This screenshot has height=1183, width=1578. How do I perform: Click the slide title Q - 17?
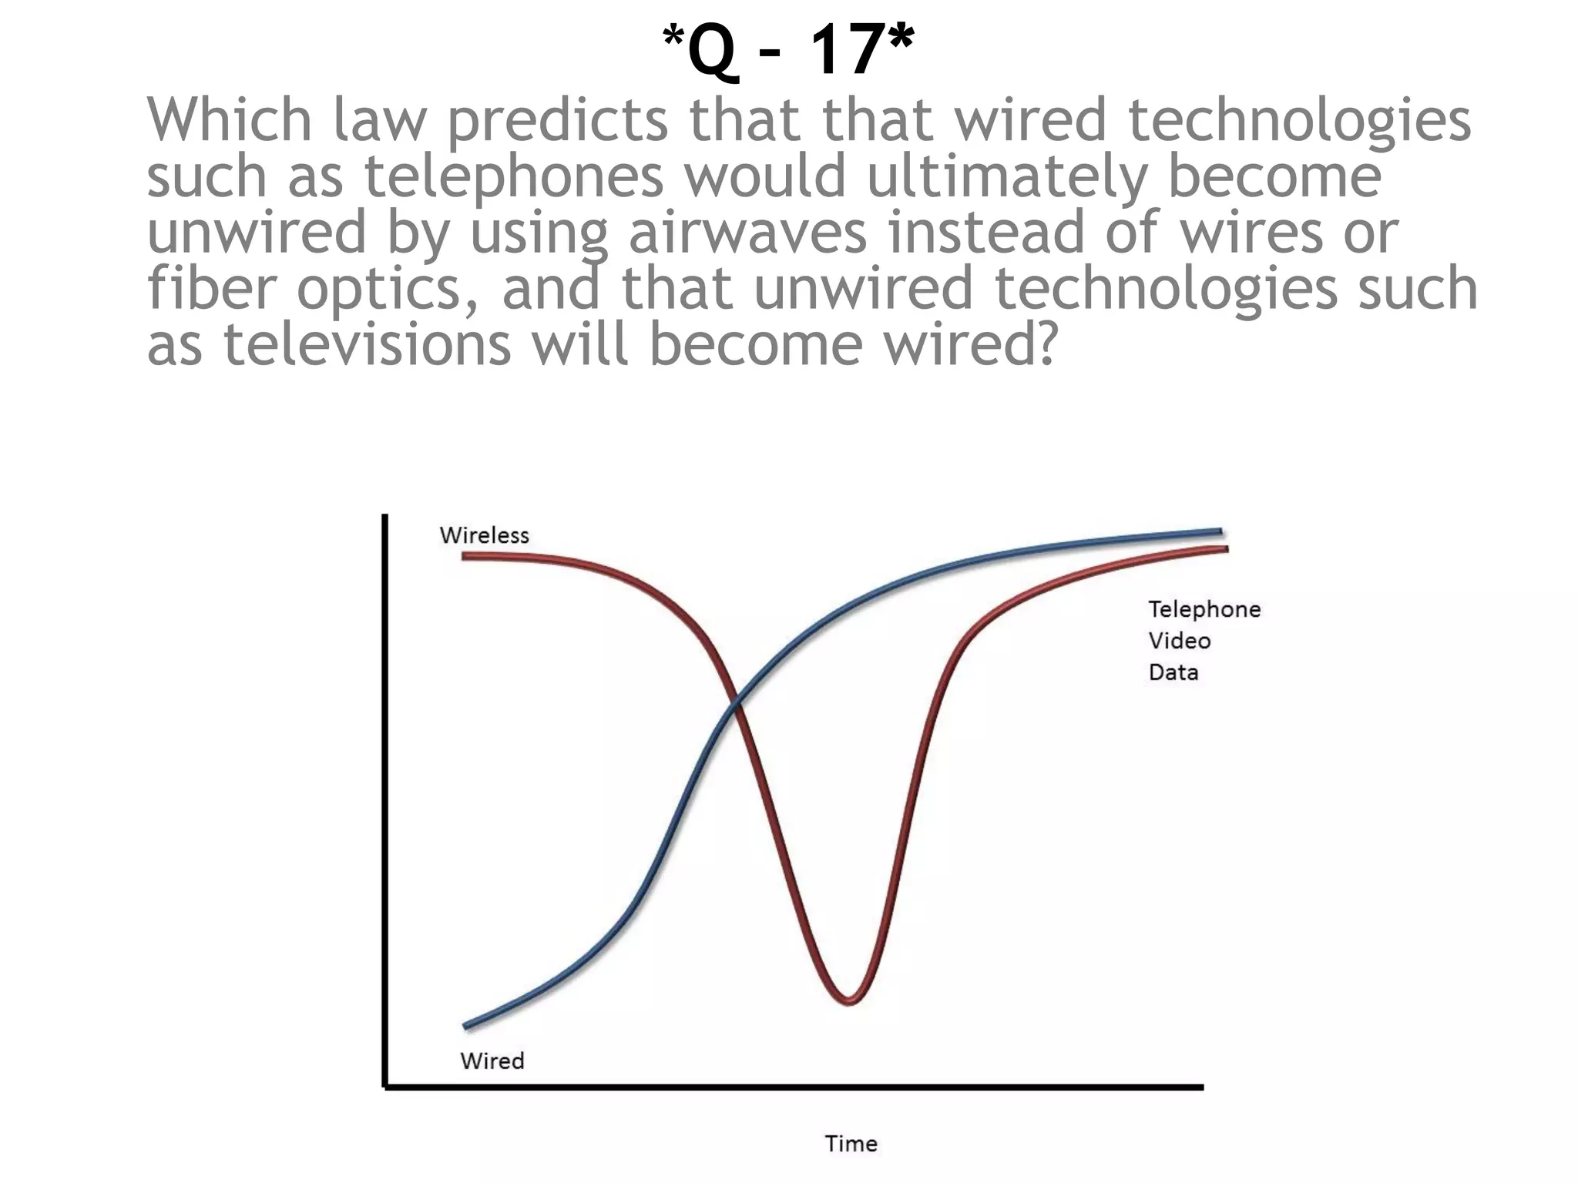point(788,50)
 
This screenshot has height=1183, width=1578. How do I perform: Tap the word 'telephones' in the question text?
point(514,176)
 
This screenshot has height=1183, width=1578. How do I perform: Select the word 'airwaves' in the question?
point(747,232)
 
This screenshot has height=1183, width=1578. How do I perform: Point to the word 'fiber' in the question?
point(212,287)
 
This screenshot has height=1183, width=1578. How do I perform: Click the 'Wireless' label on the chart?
point(484,535)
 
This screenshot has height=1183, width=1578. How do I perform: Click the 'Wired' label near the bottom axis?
point(492,1061)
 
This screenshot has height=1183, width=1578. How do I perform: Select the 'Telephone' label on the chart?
point(1204,609)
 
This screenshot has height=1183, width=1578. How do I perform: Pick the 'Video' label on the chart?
point(1179,641)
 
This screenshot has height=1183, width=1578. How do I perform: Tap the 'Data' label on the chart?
point(1173,672)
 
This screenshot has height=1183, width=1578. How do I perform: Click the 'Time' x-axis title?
point(851,1143)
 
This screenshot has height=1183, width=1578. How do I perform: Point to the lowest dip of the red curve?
point(848,1002)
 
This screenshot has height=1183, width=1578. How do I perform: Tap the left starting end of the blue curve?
point(466,1026)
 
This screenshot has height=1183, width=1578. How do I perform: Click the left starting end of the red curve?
point(465,556)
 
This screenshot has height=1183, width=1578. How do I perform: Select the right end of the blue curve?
point(1220,531)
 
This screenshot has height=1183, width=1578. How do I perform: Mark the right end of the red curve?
point(1225,548)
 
